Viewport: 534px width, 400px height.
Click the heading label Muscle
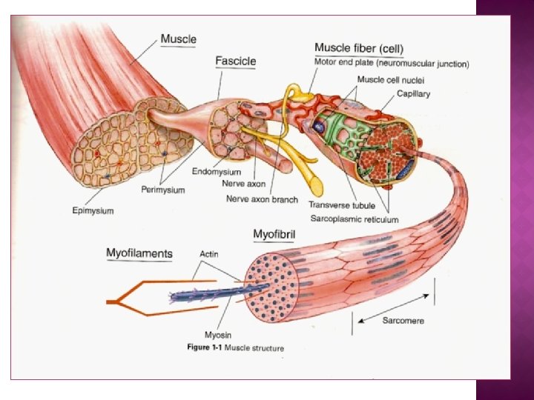(178, 38)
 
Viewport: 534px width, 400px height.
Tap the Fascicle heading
(236, 60)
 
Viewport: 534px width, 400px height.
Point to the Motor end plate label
(392, 64)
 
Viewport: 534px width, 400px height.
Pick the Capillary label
(413, 94)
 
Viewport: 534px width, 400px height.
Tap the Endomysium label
(216, 172)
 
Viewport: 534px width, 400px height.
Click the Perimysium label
(162, 190)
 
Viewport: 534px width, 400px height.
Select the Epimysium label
(93, 211)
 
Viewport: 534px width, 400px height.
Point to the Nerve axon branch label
(262, 199)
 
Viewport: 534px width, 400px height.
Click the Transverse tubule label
(342, 204)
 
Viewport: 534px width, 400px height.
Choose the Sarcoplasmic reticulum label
(353, 219)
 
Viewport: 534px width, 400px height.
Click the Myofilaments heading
(139, 253)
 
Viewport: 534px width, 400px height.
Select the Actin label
(208, 254)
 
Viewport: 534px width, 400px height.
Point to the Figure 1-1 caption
(234, 347)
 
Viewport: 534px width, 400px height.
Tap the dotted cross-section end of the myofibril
(271, 289)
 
